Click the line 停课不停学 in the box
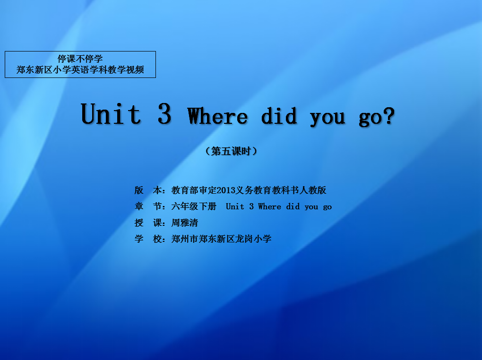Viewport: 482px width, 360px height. pyautogui.click(x=80, y=59)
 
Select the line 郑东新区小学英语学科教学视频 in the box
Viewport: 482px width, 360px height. pyautogui.click(x=80, y=70)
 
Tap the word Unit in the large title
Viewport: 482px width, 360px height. pyautogui.click(x=111, y=114)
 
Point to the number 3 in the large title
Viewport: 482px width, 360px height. pyautogui.click(x=164, y=114)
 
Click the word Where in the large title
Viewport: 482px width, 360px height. pyautogui.click(x=217, y=116)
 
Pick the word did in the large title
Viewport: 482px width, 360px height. pyautogui.click(x=279, y=116)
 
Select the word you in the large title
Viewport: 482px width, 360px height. pyautogui.click(x=327, y=119)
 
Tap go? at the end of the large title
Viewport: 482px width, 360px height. pyautogui.click(x=377, y=117)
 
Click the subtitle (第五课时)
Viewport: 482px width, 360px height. pyautogui.click(x=231, y=151)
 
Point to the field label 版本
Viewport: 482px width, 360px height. pyautogui.click(x=148, y=190)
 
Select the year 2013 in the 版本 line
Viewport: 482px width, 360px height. pyautogui.click(x=226, y=190)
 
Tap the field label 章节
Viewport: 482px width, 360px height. pyautogui.click(x=148, y=206)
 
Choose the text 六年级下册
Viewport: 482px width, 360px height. pyautogui.click(x=194, y=206)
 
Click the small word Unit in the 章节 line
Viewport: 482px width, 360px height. pyautogui.click(x=235, y=206)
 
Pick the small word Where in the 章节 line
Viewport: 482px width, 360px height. pyautogui.click(x=269, y=206)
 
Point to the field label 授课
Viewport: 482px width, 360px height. pyautogui.click(x=148, y=223)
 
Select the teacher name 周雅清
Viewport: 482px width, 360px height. pyautogui.click(x=185, y=223)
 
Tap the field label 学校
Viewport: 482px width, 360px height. pyautogui.click(x=148, y=239)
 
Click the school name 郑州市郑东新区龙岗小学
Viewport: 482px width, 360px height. pyautogui.click(x=221, y=239)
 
